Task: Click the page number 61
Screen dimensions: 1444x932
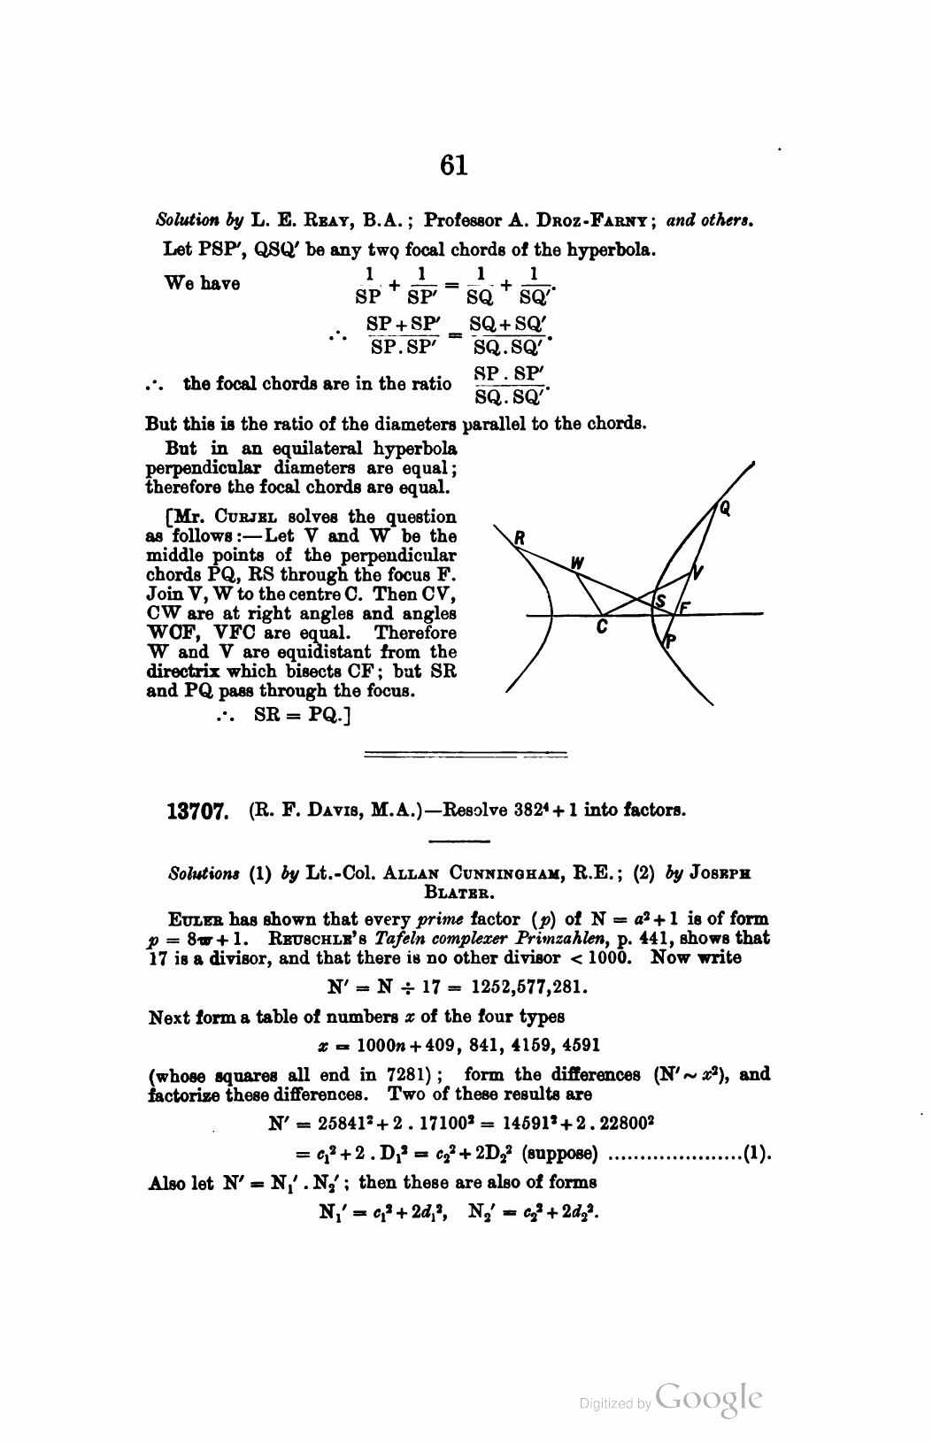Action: click(452, 165)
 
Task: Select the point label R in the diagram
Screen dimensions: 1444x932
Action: click(520, 536)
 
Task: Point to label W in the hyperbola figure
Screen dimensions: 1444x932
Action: click(577, 562)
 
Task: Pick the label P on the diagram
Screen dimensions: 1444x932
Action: click(670, 642)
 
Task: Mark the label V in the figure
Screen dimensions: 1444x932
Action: click(697, 571)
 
